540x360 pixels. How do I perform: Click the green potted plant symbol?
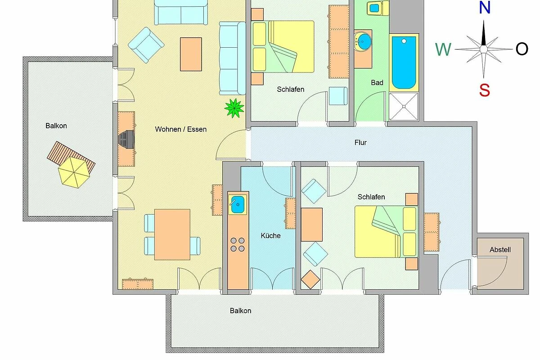234,108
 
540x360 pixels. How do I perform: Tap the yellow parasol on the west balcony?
74,172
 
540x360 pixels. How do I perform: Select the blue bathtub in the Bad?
404,63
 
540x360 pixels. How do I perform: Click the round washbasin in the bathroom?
363,42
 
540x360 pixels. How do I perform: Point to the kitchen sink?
238,204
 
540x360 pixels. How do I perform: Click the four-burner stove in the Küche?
238,244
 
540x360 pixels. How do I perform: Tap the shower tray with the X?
404,106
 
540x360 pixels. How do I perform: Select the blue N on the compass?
484,8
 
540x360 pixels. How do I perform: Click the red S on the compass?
484,90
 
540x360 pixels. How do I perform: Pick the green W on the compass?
443,49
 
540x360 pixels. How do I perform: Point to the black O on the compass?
522,49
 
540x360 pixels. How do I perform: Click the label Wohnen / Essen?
181,129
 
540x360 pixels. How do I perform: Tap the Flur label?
360,143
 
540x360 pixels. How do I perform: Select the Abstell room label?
500,250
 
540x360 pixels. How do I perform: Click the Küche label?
271,235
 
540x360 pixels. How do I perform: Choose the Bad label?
377,83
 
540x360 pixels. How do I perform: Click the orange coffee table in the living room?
191,54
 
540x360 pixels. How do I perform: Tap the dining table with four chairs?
172,234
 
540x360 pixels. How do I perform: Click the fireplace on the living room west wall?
126,139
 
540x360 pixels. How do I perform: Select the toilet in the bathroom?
378,8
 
